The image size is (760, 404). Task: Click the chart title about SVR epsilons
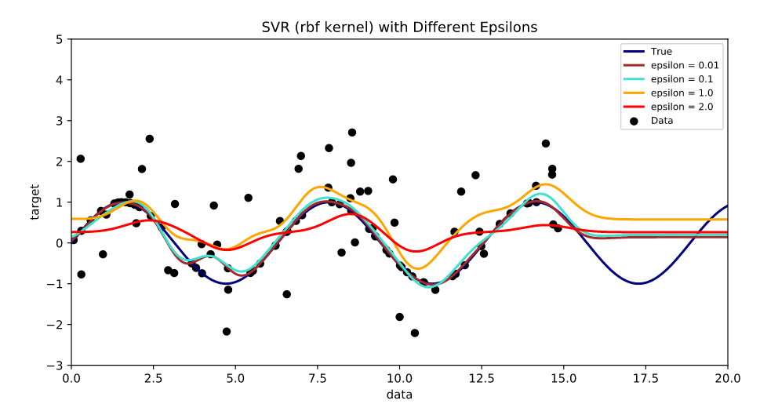coord(399,27)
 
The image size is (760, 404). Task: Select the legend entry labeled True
coord(662,52)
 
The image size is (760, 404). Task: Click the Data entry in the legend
coord(662,121)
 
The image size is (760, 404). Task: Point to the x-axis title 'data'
coord(399,394)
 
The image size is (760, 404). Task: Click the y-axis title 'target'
coord(35,202)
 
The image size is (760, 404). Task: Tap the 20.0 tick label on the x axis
coord(727,377)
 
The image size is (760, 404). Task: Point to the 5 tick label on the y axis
coord(59,39)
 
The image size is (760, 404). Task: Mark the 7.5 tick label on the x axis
coord(318,377)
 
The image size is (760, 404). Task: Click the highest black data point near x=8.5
coord(352,133)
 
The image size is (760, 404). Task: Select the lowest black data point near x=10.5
coord(415,333)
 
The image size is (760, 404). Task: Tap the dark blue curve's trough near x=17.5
coord(640,283)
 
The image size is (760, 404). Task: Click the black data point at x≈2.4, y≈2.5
coord(150,139)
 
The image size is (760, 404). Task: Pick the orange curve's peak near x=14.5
coord(544,184)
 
